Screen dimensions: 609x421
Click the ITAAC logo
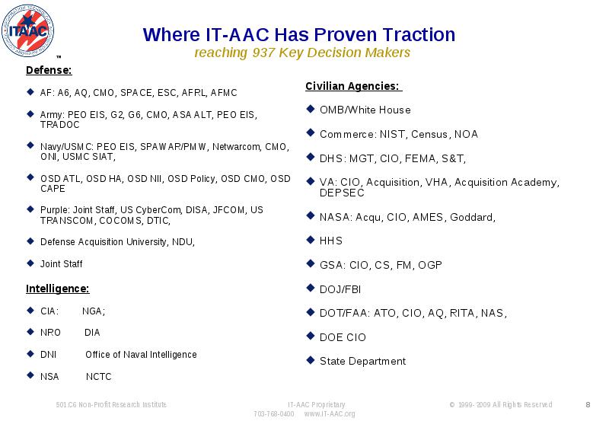(x=27, y=31)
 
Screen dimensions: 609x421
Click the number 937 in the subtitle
(x=263, y=53)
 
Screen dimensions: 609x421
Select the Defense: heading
(x=49, y=70)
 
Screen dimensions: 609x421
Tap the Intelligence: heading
(x=58, y=289)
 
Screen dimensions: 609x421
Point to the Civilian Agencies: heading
(x=352, y=86)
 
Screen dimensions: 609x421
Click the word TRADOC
(x=60, y=125)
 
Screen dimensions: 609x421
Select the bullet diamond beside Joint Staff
(x=30, y=263)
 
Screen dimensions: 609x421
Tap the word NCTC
(x=99, y=377)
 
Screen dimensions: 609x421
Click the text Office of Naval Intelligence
(x=141, y=355)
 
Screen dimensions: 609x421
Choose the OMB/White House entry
(x=365, y=110)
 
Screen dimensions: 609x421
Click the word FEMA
(x=421, y=158)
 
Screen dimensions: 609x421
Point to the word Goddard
(x=471, y=217)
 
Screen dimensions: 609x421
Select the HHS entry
(x=331, y=241)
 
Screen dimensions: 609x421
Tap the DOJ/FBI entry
(x=340, y=289)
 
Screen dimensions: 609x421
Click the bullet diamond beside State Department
(x=310, y=360)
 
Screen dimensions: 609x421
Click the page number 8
(x=588, y=405)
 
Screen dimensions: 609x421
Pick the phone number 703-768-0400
(x=274, y=414)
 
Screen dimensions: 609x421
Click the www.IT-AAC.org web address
(x=330, y=414)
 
